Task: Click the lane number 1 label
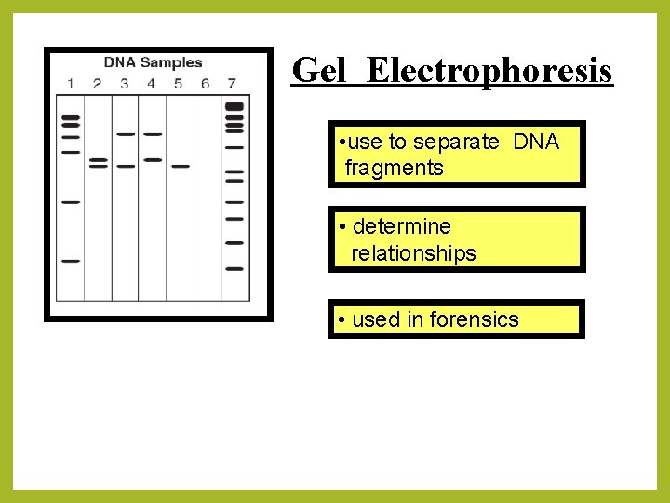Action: point(70,84)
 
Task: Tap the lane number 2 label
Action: point(97,84)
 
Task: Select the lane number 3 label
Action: point(125,84)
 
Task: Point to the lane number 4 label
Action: point(152,84)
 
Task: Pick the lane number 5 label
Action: point(179,84)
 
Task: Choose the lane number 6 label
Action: point(206,84)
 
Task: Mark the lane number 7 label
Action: point(233,84)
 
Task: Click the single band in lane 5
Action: point(180,167)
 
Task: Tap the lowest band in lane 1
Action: point(71,262)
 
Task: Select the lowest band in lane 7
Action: point(234,269)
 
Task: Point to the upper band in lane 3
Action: point(126,134)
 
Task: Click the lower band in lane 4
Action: point(153,160)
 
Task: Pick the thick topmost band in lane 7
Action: point(234,105)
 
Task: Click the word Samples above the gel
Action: point(170,62)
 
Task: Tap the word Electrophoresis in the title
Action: point(489,71)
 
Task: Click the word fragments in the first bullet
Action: point(394,169)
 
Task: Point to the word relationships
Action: point(413,253)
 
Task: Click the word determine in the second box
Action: point(402,226)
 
